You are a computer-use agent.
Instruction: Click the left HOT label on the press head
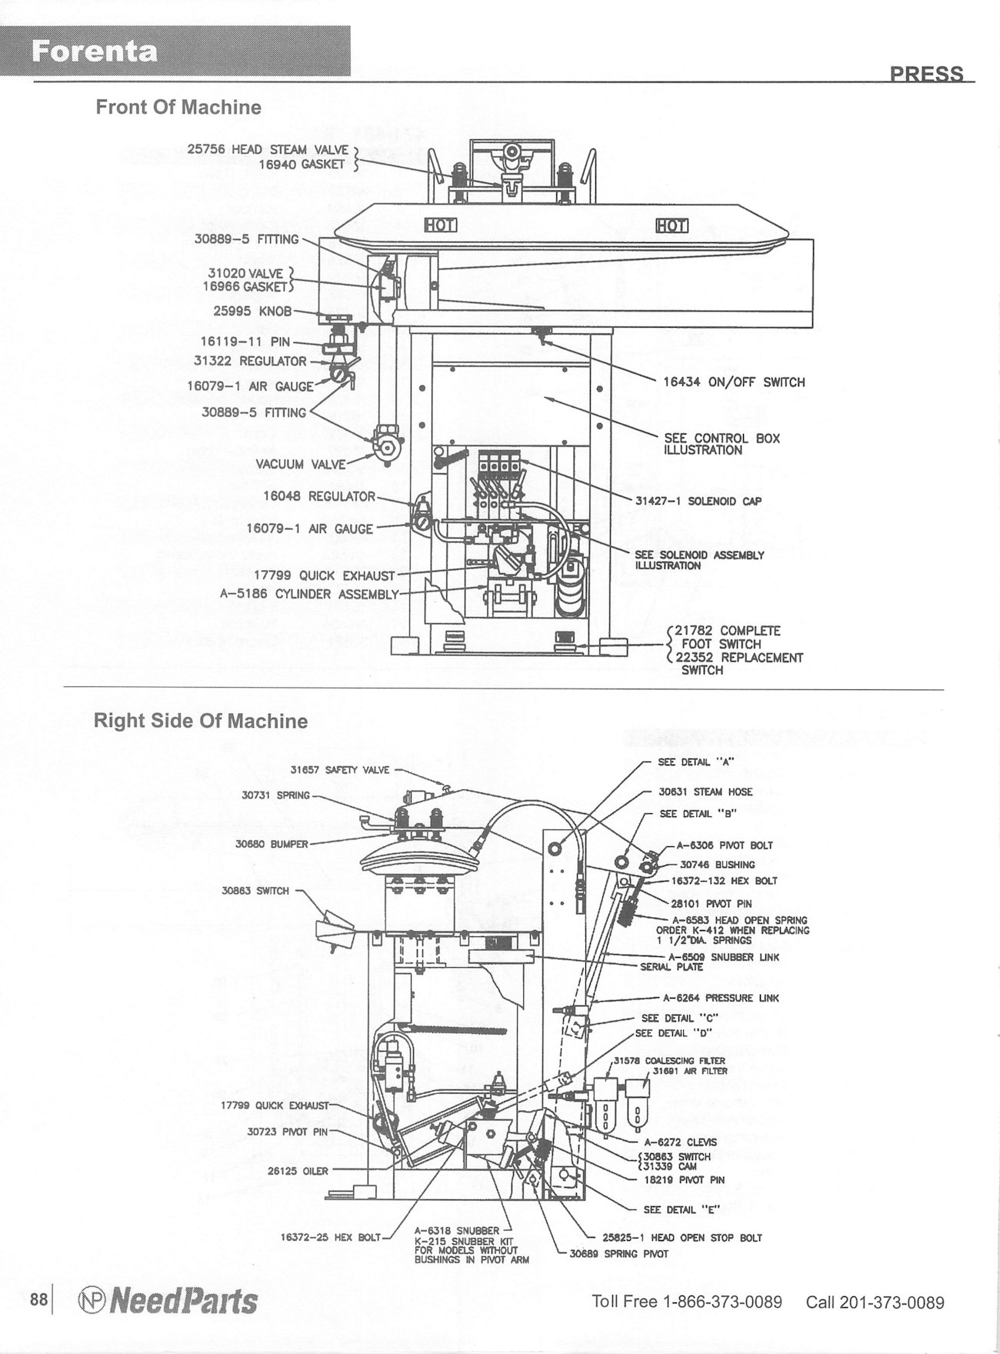tap(442, 225)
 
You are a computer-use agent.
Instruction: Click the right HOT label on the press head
tap(672, 225)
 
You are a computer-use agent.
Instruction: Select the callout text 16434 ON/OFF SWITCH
tap(734, 382)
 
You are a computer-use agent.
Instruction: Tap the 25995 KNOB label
tap(253, 311)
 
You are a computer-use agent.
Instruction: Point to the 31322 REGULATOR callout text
tap(251, 361)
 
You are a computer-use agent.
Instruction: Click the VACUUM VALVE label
tap(301, 465)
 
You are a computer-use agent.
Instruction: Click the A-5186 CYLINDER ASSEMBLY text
tap(309, 594)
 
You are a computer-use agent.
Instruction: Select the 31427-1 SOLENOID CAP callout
tap(698, 501)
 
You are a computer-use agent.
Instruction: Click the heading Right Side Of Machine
tap(200, 721)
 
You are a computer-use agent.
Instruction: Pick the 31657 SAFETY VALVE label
tap(339, 769)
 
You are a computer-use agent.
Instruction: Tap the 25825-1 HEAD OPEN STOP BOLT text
tap(682, 1238)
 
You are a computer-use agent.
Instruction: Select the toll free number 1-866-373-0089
tap(722, 1302)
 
